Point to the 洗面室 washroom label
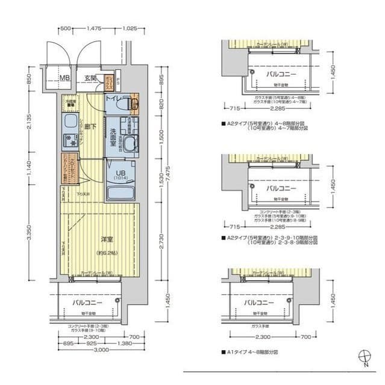(x=117, y=132)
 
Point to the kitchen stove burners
(x=70, y=142)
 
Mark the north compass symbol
(x=364, y=356)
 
